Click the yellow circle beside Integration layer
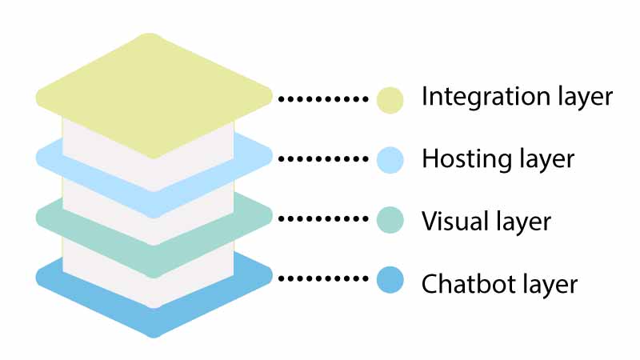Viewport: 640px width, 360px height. [x=390, y=99]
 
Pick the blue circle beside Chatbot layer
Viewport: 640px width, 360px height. [x=390, y=280]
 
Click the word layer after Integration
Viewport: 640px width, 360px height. [x=581, y=98]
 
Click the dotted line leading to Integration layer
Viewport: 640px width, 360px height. [x=323, y=99]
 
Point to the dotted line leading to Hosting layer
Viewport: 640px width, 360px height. [x=323, y=159]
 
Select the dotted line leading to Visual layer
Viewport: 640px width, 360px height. [x=323, y=218]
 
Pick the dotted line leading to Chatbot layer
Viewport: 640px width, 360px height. [x=323, y=279]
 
